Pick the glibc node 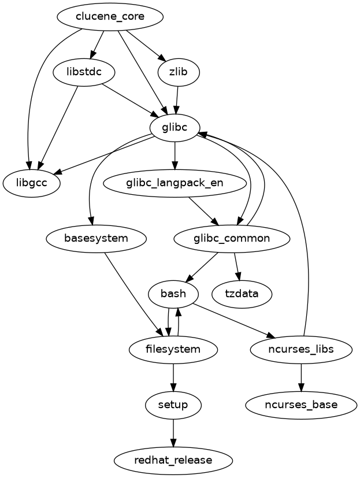tap(175, 128)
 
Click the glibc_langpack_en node tap(175, 183)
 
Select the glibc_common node tap(231, 238)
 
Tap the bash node tap(173, 294)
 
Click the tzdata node tap(242, 294)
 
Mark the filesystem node tap(173, 349)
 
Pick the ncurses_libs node tap(301, 349)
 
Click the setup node tap(173, 405)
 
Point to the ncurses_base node tap(301, 405)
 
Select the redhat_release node tap(173, 460)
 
